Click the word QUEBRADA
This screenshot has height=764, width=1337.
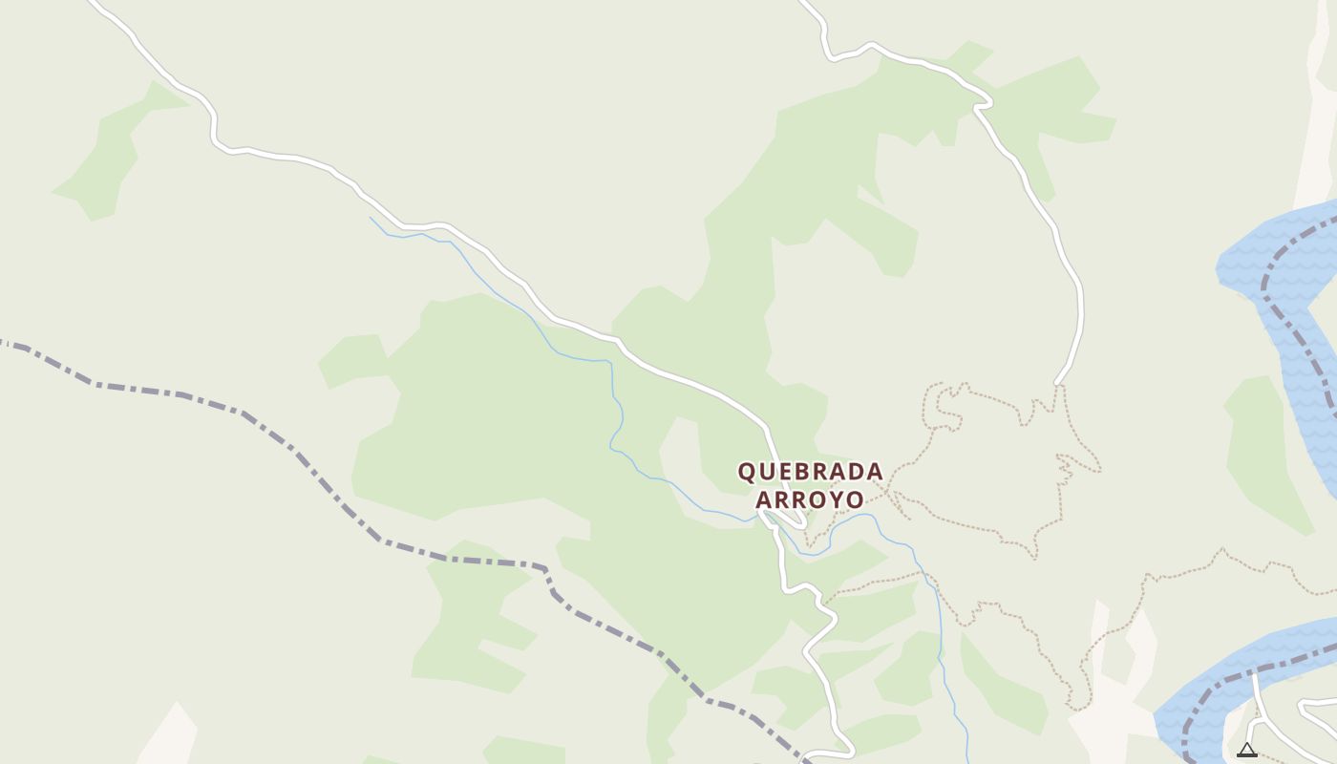(810, 472)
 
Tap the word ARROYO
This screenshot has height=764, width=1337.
(810, 499)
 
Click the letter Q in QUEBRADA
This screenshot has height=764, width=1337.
(748, 472)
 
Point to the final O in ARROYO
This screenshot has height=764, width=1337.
(855, 499)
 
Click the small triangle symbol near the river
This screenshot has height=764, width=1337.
(1246, 750)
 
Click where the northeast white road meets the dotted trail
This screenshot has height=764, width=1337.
(1058, 384)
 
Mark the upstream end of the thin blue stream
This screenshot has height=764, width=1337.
(371, 218)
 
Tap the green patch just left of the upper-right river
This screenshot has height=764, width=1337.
(1261, 449)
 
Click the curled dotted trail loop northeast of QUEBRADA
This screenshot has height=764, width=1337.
(945, 406)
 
